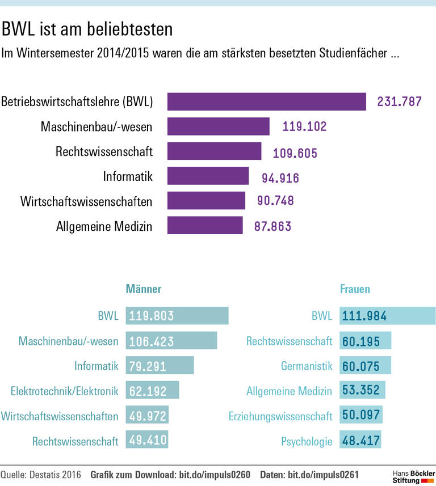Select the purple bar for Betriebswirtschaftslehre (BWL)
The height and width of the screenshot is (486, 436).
tap(267, 102)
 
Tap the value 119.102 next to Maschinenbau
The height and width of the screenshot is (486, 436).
tap(305, 127)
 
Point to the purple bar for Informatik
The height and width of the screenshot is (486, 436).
tap(208, 176)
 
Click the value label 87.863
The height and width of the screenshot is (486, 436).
tap(269, 226)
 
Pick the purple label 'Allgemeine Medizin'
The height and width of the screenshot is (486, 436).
tap(104, 226)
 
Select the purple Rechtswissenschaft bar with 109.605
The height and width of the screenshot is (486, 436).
tap(215, 151)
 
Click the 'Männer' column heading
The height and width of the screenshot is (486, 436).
tap(143, 289)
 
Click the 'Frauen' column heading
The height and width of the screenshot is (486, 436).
tap(355, 289)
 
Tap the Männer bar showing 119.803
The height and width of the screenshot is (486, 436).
tap(177, 316)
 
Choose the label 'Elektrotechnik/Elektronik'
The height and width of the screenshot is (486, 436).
tap(64, 391)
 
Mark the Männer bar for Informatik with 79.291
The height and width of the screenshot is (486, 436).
tap(160, 366)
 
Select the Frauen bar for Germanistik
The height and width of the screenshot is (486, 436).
tap(365, 366)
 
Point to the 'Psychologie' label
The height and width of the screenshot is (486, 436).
tap(307, 441)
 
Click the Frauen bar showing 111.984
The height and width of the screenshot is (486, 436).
tap(387, 316)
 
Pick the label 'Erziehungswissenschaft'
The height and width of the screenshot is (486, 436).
tap(280, 416)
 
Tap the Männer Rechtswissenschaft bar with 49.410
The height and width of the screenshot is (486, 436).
tap(147, 441)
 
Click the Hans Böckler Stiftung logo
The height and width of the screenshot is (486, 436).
tap(413, 476)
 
